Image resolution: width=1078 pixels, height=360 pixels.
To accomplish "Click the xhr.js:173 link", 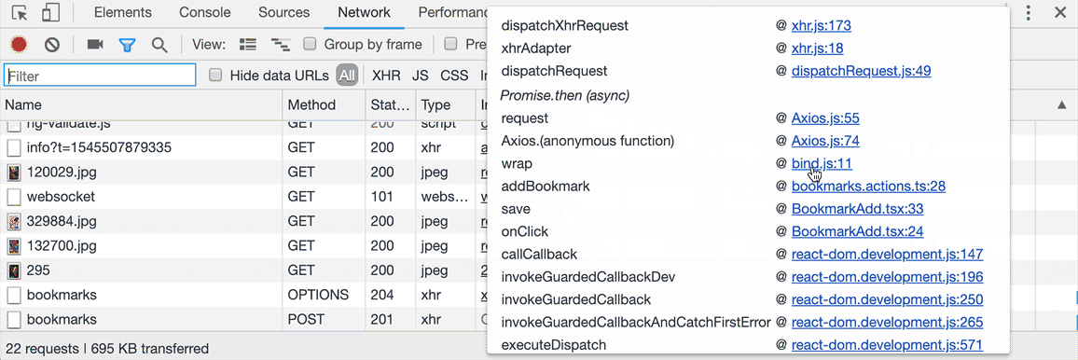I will click(821, 25).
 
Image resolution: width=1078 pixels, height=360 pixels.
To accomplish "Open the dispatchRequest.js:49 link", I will click(861, 71).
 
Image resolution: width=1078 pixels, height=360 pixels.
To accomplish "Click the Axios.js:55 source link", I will click(825, 118).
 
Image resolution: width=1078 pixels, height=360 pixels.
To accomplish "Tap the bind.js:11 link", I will click(822, 163).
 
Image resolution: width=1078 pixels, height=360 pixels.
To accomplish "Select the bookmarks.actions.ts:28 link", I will click(868, 186).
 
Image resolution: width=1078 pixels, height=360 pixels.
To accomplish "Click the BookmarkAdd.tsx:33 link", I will click(857, 209).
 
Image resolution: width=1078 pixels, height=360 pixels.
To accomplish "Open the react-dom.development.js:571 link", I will click(887, 345).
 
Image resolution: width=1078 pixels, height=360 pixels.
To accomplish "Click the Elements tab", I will click(123, 13).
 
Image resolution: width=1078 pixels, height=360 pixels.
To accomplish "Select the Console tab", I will click(205, 13).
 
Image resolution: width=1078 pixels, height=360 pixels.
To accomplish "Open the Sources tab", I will click(283, 13).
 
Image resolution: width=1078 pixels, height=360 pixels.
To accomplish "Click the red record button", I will click(19, 44).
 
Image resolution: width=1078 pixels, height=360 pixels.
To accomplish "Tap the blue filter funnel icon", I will click(127, 44).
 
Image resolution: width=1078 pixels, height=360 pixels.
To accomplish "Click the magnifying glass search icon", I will click(159, 44).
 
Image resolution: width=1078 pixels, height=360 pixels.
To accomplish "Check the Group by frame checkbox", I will click(311, 44).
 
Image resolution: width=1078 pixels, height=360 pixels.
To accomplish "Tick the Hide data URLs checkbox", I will click(216, 76).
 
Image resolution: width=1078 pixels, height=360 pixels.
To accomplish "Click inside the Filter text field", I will click(100, 76).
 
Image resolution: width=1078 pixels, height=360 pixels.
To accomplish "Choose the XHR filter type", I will click(386, 76).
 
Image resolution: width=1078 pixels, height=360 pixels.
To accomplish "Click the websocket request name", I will click(61, 197).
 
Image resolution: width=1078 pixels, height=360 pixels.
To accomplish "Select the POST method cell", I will click(306, 319).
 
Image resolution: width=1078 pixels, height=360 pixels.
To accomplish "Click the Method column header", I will click(311, 105).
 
